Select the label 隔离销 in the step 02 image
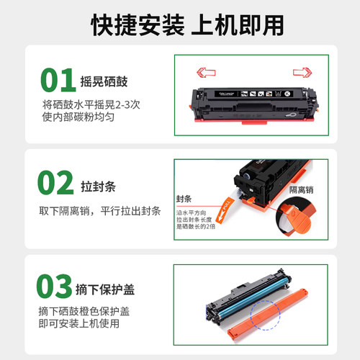click(302, 189)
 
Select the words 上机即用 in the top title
click(229, 24)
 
